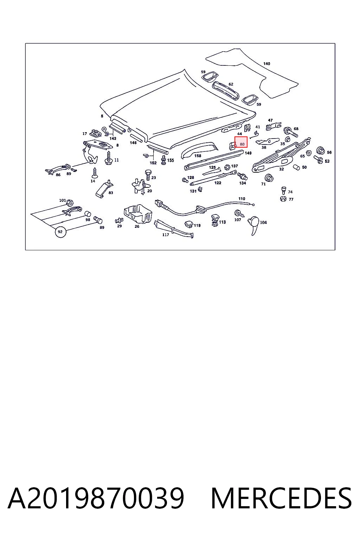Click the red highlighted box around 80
point(241,142)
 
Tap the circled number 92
point(60,232)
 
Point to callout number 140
point(266,64)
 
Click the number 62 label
point(231,84)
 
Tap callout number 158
point(198,156)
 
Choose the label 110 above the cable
point(242,199)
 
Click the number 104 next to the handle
point(263,222)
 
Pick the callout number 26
point(137,226)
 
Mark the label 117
point(166,234)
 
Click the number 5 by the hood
point(102,116)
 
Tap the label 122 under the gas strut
point(218,183)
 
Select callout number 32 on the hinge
point(281,169)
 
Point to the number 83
point(111,193)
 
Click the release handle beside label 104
point(254,225)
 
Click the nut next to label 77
point(283,199)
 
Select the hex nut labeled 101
point(70,203)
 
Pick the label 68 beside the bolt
point(296,129)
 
